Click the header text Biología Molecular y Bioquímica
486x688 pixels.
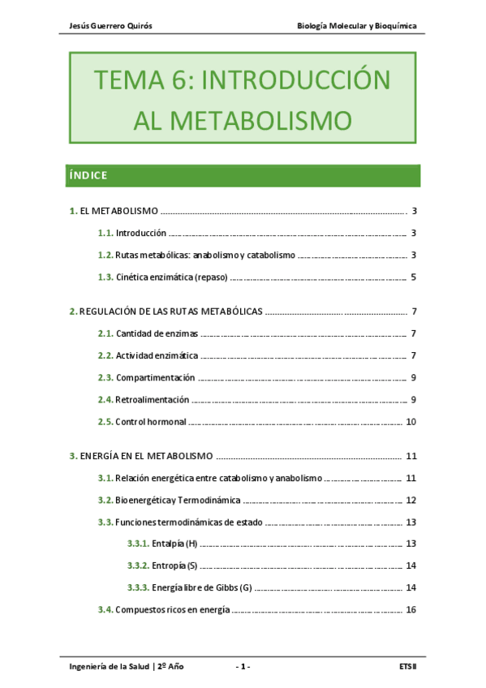point(357,25)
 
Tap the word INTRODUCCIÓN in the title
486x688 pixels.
point(295,80)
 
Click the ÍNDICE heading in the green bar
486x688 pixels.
point(88,175)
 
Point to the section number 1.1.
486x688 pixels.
point(105,233)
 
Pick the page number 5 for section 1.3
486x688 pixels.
point(413,277)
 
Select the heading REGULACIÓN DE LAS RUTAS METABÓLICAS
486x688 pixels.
point(170,312)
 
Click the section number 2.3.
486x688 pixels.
point(105,377)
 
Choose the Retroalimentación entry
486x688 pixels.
point(153,399)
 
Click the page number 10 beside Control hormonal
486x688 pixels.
point(411,422)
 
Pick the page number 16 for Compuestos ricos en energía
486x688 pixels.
point(411,609)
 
